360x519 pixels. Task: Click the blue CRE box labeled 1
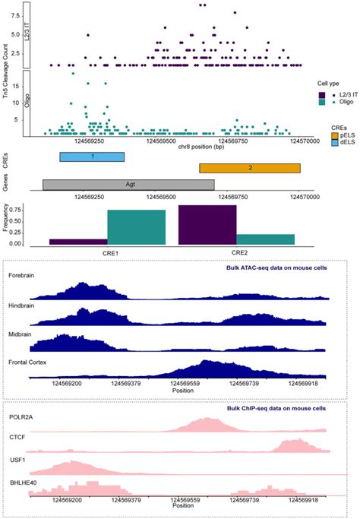pos(92,156)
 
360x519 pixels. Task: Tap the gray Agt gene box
pos(128,184)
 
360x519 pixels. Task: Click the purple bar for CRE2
pos(207,225)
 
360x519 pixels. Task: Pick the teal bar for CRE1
pos(136,227)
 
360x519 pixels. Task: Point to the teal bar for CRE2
pos(265,239)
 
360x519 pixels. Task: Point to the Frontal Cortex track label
pos(27,362)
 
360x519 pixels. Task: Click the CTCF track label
pos(18,438)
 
